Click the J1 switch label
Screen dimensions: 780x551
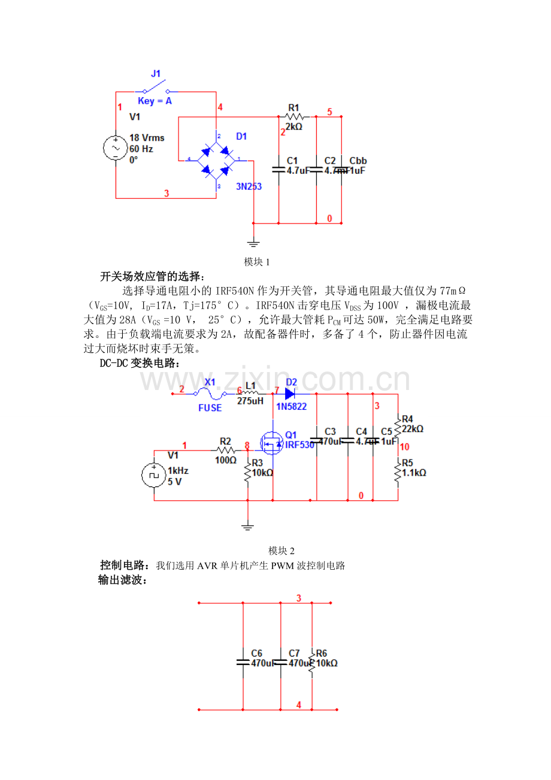tap(156, 74)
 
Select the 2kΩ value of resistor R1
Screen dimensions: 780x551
tap(293, 127)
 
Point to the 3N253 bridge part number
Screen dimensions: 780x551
tap(248, 186)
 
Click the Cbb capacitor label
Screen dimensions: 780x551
tap(358, 161)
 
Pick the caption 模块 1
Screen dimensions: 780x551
tap(258, 262)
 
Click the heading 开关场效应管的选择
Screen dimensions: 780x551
tap(152, 277)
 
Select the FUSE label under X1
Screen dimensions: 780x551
tap(210, 408)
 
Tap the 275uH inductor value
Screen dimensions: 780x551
tap(250, 401)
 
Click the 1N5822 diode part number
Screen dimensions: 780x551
tap(291, 406)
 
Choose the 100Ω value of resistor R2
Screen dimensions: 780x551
tap(225, 461)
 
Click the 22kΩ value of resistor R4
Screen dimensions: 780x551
tap(413, 429)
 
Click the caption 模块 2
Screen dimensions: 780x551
tap(281, 551)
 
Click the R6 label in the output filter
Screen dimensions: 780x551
tap(322, 653)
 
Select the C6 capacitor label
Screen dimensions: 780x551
tap(257, 653)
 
